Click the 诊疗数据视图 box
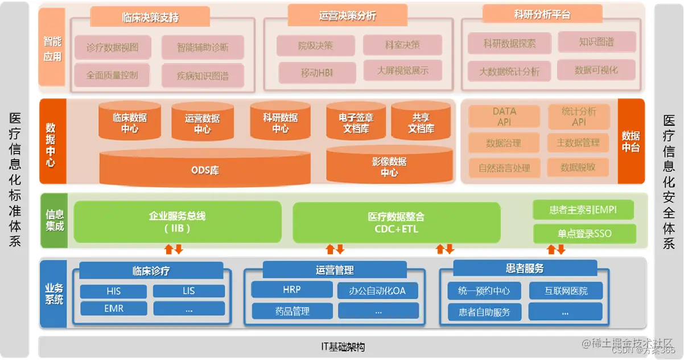[x=112, y=48]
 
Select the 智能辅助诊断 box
[x=203, y=48]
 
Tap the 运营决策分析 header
[x=347, y=16]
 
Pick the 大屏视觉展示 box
[x=402, y=71]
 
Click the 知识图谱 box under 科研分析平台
[x=596, y=42]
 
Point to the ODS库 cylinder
[x=205, y=169]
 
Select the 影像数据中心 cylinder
[x=389, y=167]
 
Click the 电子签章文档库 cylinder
[x=356, y=123]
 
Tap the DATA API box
[x=504, y=117]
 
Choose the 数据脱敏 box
[x=578, y=167]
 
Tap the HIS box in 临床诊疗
[x=114, y=291]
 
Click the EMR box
[x=114, y=309]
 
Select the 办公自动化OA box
[x=378, y=291]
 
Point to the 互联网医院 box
[x=566, y=291]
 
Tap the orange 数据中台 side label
[x=631, y=141]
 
